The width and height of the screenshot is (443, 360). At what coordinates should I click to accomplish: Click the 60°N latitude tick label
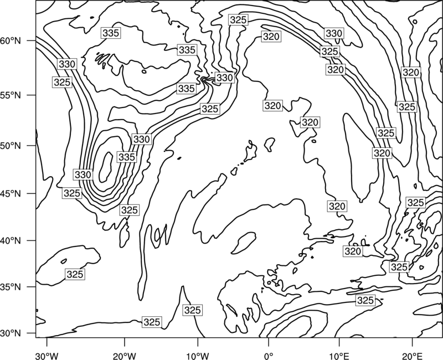[x=11, y=40]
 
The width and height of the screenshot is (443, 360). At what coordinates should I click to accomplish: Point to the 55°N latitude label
[x=11, y=95]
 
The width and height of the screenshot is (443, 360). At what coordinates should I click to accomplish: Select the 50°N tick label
[x=11, y=146]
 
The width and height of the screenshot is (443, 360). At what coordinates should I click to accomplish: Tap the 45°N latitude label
[x=11, y=193]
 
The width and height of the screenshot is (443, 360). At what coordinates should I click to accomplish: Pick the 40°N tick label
[x=11, y=241]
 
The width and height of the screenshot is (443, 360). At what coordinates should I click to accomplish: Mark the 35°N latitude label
[x=11, y=287]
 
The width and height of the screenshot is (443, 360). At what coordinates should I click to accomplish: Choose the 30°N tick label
[x=11, y=333]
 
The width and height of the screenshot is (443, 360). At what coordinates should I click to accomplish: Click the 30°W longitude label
[x=47, y=356]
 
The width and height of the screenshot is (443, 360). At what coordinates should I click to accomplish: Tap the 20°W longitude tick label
[x=125, y=356]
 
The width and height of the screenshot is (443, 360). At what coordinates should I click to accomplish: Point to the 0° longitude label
[x=269, y=356]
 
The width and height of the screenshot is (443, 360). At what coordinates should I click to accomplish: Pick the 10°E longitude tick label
[x=339, y=356]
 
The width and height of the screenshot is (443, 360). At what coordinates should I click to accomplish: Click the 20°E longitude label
[x=412, y=356]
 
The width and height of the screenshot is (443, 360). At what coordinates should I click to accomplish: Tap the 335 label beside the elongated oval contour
[x=127, y=157]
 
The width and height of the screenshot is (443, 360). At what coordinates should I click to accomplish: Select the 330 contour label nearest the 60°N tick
[x=67, y=64]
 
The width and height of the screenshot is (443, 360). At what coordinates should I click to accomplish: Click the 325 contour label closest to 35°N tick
[x=75, y=274]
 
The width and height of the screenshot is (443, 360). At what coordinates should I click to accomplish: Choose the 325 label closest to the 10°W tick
[x=192, y=310]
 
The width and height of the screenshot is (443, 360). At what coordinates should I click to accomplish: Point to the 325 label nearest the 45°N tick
[x=72, y=193]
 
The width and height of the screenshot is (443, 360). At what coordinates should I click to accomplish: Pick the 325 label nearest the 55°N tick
[x=62, y=82]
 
